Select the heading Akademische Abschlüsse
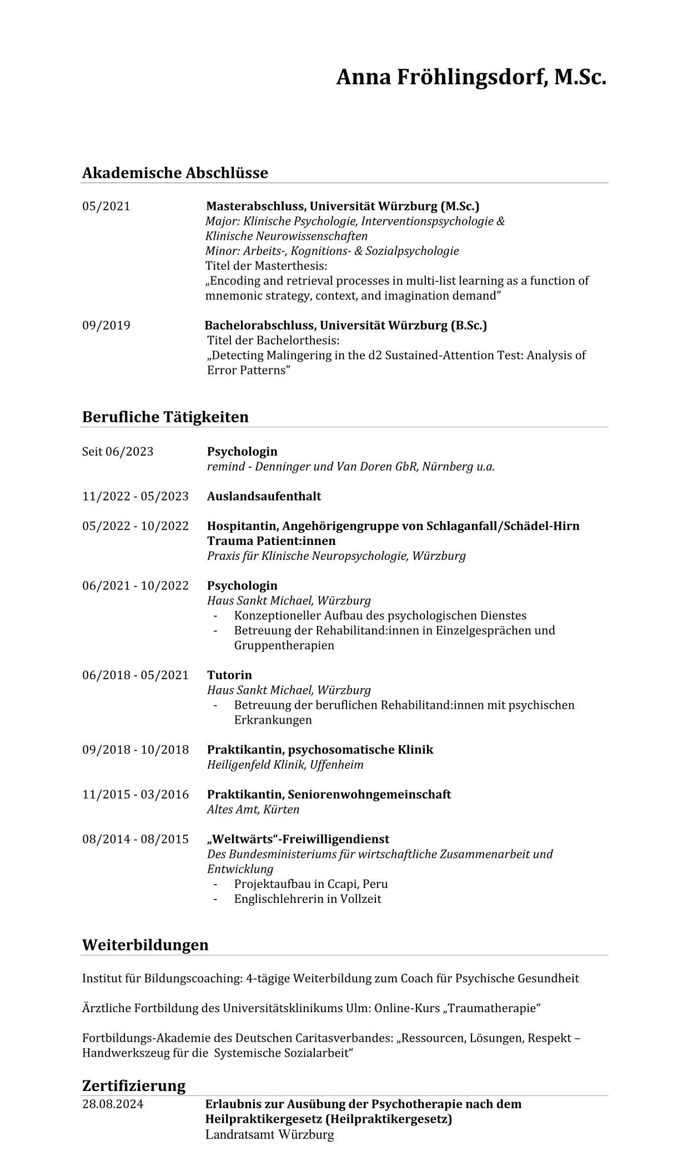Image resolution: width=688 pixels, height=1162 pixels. (x=175, y=173)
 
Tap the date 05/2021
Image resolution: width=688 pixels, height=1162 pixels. (x=106, y=206)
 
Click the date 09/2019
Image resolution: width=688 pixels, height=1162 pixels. (x=106, y=325)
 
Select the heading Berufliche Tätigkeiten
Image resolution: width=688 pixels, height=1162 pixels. (x=165, y=417)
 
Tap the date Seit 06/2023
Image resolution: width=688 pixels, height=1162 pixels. (x=118, y=451)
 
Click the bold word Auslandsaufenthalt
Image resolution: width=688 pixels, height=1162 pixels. (x=264, y=496)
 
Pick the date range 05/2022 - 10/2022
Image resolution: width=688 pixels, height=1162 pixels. (x=135, y=526)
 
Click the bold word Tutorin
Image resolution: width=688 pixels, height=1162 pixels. (x=229, y=675)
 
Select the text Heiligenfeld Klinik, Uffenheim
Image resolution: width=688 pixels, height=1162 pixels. (x=285, y=765)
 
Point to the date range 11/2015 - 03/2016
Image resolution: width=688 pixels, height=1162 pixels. (x=135, y=794)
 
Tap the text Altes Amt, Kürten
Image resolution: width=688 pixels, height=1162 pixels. (x=253, y=809)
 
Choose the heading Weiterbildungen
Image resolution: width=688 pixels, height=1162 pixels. (x=145, y=944)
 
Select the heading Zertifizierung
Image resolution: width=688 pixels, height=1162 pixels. (x=133, y=1085)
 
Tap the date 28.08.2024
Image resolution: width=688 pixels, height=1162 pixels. (x=113, y=1104)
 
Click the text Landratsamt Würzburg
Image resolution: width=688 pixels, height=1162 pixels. (x=269, y=1134)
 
